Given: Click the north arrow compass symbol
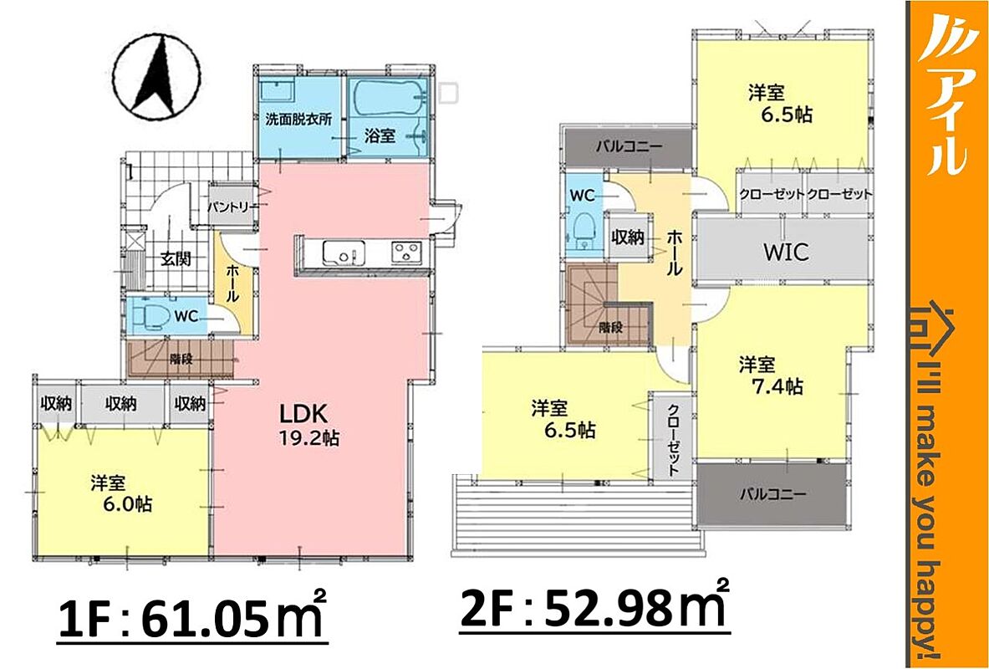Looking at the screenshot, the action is coord(157,79).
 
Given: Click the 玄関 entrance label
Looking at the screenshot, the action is coord(176,258).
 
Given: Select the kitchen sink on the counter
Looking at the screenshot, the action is coord(344,253).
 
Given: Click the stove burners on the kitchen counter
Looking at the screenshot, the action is coord(408,253).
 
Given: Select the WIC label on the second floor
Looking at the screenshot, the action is coord(785,252).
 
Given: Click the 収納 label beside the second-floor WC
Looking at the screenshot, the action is coord(628,237).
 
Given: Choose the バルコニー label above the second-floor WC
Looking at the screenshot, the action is coord(628,147).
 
